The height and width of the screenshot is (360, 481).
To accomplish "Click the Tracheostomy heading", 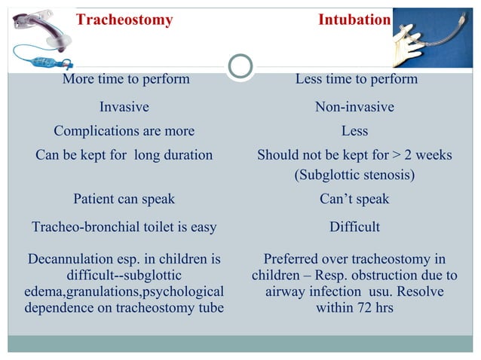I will point(124,20).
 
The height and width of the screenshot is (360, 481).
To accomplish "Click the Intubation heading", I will point(354,20).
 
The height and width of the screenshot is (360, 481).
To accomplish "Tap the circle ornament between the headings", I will point(240,66).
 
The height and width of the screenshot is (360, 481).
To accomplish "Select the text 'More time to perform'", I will point(126,79).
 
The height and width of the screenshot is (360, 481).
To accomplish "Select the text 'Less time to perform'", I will point(356,79).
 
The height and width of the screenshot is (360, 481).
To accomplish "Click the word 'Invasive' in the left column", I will point(124,107).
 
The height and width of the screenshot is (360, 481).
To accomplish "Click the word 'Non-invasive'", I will point(354,107).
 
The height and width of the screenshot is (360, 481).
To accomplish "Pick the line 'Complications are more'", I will point(124,131).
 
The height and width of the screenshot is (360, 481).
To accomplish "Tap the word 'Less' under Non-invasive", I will point(354,131).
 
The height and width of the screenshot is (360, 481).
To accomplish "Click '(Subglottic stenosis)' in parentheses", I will point(354,175).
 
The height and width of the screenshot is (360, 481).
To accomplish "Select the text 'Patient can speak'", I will point(124,199).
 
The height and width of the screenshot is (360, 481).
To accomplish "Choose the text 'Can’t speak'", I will point(354,199).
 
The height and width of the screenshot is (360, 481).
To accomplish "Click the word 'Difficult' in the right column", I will point(354,227).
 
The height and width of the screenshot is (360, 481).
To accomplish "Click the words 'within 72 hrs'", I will point(354,308).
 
